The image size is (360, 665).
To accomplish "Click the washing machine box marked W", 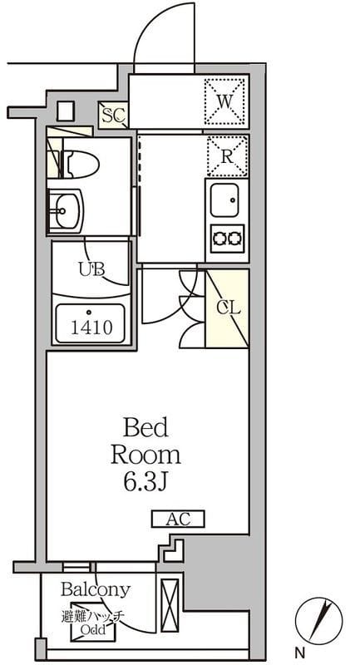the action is [225, 101].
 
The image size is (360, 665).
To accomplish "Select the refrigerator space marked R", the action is [227, 157].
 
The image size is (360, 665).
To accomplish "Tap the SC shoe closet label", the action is [113, 114].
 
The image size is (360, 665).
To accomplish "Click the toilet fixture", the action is [80, 164].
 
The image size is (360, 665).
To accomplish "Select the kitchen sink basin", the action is [224, 200].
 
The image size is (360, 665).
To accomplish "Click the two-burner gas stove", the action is [228, 239].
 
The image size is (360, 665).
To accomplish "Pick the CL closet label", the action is [229, 308].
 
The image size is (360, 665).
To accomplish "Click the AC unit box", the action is [178, 519].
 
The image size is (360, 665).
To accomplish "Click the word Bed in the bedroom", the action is [145, 427].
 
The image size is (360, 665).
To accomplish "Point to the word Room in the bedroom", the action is [145, 455].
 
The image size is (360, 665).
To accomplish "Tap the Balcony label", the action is [95, 589].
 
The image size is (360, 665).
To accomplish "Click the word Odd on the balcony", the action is [93, 630].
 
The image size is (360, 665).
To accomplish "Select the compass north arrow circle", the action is [319, 620].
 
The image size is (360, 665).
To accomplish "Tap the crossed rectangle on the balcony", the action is [170, 599].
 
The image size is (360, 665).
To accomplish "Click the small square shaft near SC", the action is [66, 111].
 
